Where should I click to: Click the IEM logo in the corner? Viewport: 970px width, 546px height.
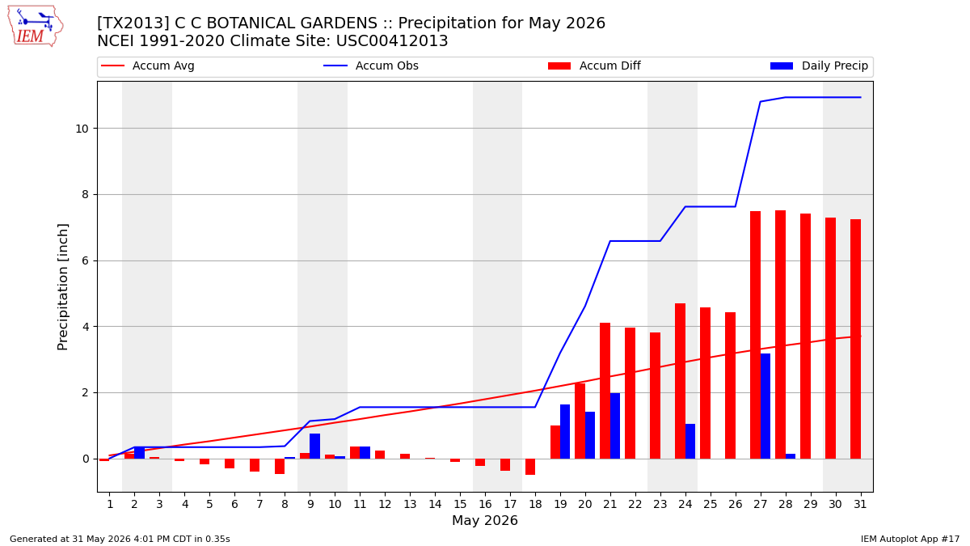(x=35, y=27)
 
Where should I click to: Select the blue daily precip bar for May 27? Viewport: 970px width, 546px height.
(x=765, y=406)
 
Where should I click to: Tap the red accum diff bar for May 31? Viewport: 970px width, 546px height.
(x=856, y=339)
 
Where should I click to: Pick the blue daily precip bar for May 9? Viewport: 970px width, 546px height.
(x=314, y=446)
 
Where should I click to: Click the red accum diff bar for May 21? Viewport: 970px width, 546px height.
(x=605, y=391)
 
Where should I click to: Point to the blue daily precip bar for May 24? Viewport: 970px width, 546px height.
(x=690, y=441)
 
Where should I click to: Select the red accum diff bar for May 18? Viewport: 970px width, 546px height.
(x=530, y=467)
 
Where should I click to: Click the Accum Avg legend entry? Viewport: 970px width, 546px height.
(x=148, y=66)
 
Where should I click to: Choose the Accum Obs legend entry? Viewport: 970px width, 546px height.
(x=371, y=66)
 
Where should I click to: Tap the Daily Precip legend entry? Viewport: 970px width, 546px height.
(x=820, y=66)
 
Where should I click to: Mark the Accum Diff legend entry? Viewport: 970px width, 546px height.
(x=594, y=66)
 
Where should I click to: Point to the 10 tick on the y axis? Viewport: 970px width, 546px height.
(x=82, y=129)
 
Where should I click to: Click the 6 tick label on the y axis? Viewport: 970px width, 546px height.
(x=86, y=260)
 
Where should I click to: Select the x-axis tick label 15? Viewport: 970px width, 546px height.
(x=460, y=504)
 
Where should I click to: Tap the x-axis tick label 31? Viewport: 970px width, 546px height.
(x=860, y=504)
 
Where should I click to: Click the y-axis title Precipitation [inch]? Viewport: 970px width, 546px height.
(x=63, y=287)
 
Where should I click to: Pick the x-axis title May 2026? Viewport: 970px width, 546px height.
(x=485, y=520)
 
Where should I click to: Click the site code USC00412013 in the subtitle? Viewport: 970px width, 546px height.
(x=392, y=41)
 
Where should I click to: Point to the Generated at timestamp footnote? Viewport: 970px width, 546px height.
(x=120, y=539)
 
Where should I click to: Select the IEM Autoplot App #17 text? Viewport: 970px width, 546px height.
(x=910, y=539)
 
